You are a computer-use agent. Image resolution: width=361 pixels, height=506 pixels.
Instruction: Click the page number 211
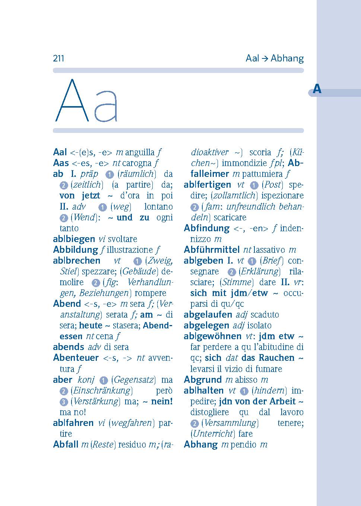(58, 58)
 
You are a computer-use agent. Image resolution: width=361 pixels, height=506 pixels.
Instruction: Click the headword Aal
(60, 152)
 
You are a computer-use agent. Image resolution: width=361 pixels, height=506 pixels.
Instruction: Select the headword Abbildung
(75, 250)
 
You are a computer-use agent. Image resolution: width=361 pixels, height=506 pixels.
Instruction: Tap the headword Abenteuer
(76, 358)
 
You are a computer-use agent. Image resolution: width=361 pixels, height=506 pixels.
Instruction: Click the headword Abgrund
(203, 380)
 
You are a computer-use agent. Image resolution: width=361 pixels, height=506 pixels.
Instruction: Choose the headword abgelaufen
(208, 315)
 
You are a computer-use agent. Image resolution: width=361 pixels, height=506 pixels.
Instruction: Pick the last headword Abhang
(200, 445)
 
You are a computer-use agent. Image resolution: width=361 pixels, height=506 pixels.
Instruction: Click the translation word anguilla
(140, 152)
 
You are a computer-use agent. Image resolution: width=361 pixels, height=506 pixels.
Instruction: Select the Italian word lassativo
(270, 250)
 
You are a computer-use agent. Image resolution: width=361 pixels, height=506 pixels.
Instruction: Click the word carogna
(137, 163)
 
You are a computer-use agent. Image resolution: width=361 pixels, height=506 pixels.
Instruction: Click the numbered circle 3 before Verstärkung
(64, 402)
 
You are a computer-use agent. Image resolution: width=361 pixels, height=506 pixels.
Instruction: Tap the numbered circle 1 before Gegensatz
(103, 380)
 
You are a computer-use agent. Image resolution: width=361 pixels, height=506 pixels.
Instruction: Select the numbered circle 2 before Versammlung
(194, 423)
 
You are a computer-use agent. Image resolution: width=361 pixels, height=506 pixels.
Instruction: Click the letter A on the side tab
(317, 89)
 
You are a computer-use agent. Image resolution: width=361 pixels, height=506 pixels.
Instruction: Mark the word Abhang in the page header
(287, 58)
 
